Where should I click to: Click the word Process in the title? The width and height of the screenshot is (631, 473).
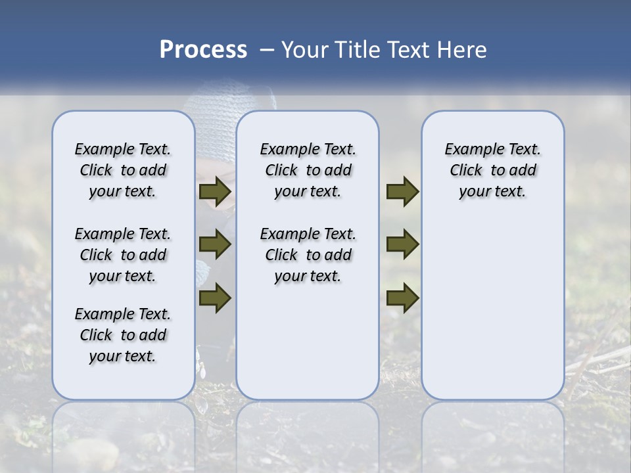tap(203, 50)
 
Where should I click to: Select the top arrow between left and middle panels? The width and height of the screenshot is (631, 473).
tap(215, 192)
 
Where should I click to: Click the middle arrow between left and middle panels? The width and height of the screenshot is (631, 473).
tap(215, 245)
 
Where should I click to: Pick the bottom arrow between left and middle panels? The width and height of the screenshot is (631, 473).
tap(215, 298)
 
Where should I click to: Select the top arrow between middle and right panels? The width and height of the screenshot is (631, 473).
tap(402, 192)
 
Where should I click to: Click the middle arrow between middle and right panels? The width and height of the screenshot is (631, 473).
tap(402, 245)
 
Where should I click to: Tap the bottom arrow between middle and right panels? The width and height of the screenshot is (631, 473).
tap(402, 298)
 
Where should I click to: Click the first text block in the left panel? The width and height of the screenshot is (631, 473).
tap(123, 170)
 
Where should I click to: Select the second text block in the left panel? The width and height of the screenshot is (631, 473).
tap(123, 255)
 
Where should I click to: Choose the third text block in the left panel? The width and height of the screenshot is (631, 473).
tap(123, 335)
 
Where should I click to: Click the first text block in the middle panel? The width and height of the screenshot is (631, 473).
tap(308, 170)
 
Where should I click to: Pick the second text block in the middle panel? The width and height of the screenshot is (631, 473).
tap(308, 255)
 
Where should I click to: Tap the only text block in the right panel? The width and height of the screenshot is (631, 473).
tap(493, 170)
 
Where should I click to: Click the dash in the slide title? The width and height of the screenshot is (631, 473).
tap(267, 50)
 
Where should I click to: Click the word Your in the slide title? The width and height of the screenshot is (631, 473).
tap(304, 50)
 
